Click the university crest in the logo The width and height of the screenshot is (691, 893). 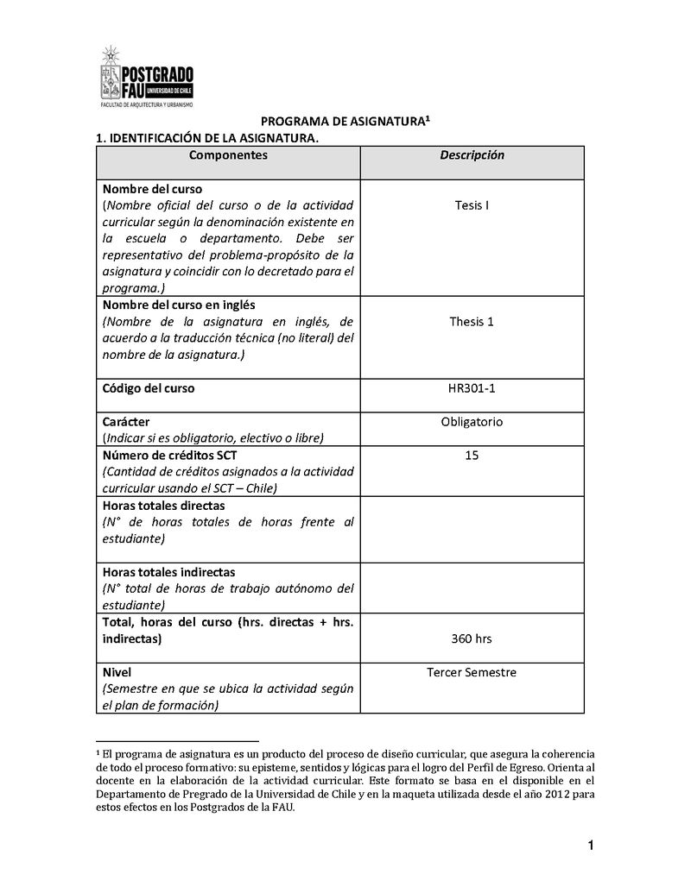coord(111,73)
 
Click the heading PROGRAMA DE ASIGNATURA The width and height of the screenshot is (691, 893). coord(345,123)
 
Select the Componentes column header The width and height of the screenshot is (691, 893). coord(228,155)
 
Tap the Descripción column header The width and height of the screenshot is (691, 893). coord(472,155)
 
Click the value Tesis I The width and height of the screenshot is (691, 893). coord(472,205)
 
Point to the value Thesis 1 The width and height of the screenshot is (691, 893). coord(472,322)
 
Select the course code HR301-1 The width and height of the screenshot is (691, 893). coord(472,388)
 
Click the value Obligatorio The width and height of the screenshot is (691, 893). coord(472,422)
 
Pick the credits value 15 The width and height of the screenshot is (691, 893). coord(472,455)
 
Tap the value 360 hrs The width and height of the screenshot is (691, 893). coord(472,639)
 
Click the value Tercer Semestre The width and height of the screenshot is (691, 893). coord(472,672)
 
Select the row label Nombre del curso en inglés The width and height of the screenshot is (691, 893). coord(178,305)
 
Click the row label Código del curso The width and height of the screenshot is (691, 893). coord(149,388)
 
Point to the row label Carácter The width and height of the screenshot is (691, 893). coord(126,422)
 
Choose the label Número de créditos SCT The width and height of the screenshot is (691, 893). coord(169,455)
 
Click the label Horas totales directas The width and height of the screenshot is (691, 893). coord(163,506)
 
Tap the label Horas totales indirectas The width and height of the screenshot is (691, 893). coord(168,572)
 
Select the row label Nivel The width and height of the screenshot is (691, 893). coord(117,672)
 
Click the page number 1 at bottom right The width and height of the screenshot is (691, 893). coord(591,846)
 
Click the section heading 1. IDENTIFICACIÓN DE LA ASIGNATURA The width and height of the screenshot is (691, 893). coord(206,138)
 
